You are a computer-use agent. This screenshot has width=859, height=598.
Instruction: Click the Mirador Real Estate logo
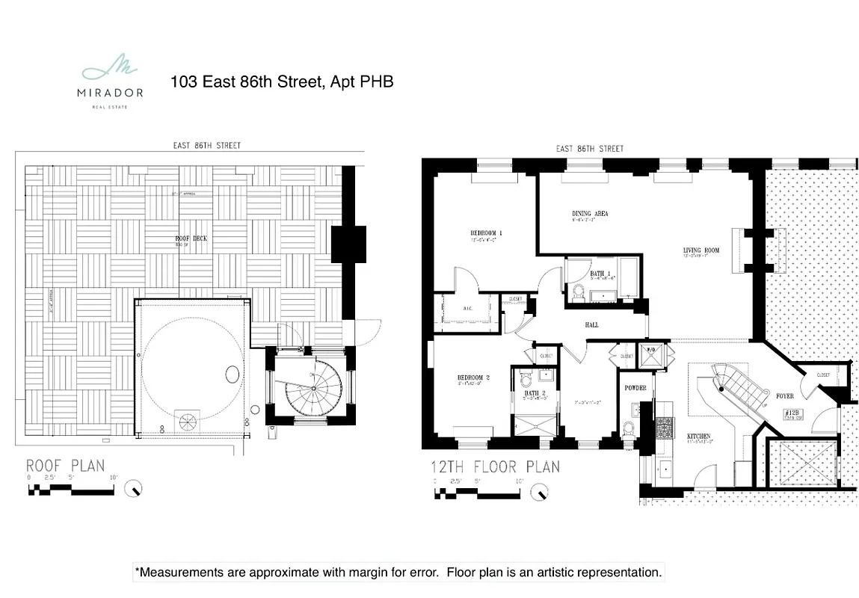(x=110, y=81)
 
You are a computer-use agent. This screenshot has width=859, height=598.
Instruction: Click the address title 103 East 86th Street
(x=282, y=81)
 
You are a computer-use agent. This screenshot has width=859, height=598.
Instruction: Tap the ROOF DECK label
(x=191, y=238)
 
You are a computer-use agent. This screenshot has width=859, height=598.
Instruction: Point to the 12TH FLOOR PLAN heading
(x=494, y=468)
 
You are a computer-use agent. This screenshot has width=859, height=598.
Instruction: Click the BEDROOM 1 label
(x=486, y=233)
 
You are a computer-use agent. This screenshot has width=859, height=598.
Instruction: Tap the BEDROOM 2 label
(x=473, y=378)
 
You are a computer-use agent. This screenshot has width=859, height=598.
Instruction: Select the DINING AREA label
(x=590, y=214)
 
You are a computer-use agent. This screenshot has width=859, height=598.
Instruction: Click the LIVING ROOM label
(x=701, y=250)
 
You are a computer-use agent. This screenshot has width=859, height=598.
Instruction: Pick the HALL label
(x=591, y=324)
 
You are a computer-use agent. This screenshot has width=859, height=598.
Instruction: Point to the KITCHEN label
(x=699, y=436)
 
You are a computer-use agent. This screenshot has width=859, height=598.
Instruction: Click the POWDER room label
(x=635, y=388)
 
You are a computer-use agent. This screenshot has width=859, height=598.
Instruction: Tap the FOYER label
(x=784, y=396)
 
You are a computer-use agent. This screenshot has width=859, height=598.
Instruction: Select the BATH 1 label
(x=600, y=274)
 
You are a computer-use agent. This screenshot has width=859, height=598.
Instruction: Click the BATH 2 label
(x=533, y=393)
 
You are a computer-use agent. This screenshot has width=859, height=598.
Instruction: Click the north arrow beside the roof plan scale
(x=134, y=488)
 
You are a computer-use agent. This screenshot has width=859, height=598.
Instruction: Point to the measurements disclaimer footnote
(x=398, y=573)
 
